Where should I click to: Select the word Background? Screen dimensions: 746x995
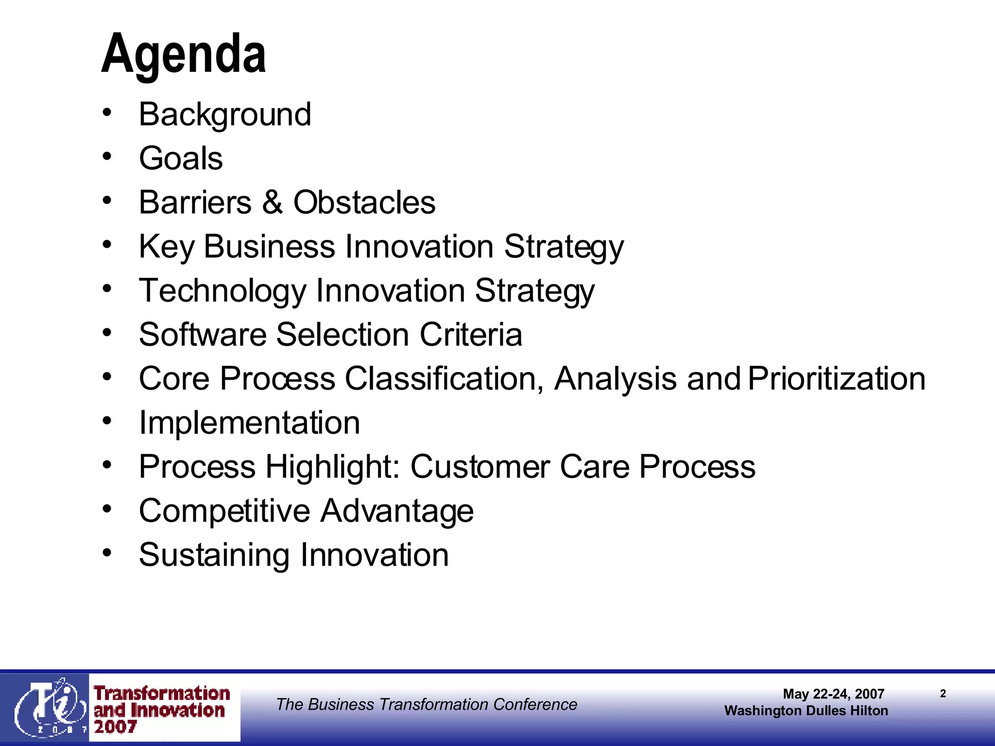click(224, 115)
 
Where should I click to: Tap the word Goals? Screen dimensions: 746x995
click(181, 158)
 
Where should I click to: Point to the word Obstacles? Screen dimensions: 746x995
click(364, 202)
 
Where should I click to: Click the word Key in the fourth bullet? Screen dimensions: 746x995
click(167, 247)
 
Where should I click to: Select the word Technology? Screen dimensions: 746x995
click(223, 291)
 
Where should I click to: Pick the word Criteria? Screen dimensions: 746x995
click(471, 335)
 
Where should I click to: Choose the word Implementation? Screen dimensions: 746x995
click(249, 423)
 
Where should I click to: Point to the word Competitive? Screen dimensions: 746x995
click(224, 511)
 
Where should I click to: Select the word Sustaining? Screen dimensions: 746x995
click(214, 555)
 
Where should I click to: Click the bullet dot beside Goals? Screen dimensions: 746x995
click(107, 156)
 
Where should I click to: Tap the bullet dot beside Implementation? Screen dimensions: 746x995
click(107, 421)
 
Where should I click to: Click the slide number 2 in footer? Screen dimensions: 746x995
click(943, 694)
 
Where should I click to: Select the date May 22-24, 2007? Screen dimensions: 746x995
click(833, 694)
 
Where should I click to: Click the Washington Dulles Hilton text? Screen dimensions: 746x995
click(806, 711)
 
